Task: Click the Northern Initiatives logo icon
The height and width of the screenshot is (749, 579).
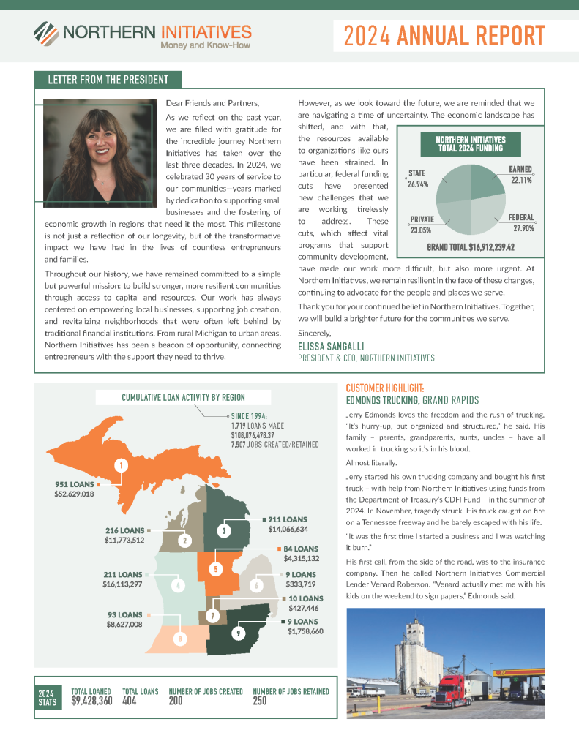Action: coord(47,34)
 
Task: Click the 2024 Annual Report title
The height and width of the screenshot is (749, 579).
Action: coord(444,35)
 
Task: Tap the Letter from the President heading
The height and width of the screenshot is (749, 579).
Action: coord(108,80)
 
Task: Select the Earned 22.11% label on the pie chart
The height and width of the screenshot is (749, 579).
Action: coord(520,174)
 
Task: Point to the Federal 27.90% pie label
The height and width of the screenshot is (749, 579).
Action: coord(520,222)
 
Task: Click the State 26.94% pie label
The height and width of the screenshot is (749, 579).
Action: coord(417,178)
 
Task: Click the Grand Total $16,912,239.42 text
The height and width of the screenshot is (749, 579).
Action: coord(471,247)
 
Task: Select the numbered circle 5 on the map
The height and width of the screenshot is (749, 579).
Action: coord(216,568)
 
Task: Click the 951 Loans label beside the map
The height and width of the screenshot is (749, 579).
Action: coord(74,483)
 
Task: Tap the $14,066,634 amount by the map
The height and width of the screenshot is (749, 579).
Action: coord(288,529)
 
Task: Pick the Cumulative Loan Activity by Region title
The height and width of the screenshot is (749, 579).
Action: coord(183,397)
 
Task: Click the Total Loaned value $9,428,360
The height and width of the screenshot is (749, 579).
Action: coord(91,701)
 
